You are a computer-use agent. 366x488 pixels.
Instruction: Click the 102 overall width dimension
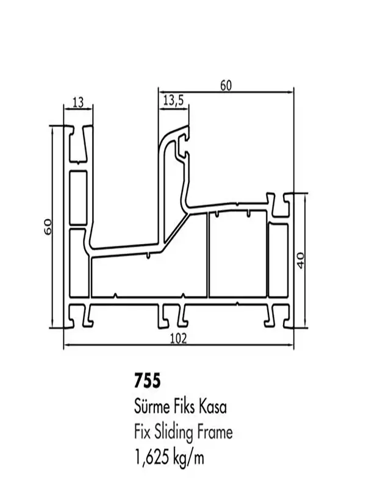click(x=179, y=339)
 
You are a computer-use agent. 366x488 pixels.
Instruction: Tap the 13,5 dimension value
click(x=174, y=101)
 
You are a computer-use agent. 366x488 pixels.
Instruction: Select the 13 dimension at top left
click(x=79, y=102)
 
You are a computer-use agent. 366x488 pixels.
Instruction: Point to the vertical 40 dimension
click(x=301, y=260)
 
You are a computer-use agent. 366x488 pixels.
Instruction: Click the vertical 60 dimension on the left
click(x=48, y=227)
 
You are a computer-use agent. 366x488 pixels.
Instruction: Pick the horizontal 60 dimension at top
click(x=226, y=85)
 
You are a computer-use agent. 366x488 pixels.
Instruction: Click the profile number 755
click(x=147, y=381)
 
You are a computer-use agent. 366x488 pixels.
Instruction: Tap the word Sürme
click(x=151, y=407)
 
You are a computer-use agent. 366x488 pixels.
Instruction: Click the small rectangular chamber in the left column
click(x=78, y=197)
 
